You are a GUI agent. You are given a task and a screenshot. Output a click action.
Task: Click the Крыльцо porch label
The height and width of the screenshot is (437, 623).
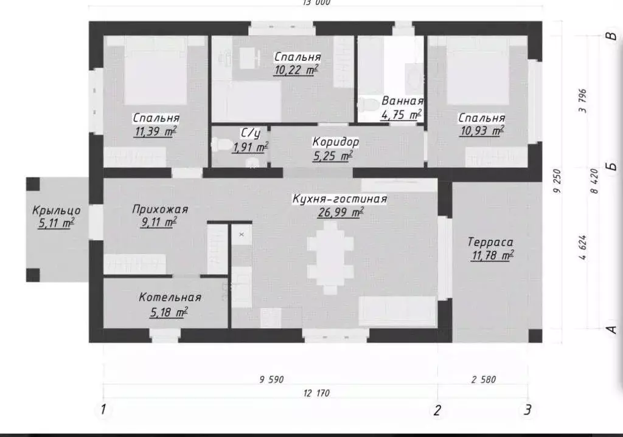pos(56,211)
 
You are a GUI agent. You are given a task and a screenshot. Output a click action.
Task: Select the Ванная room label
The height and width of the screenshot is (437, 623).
pos(402,101)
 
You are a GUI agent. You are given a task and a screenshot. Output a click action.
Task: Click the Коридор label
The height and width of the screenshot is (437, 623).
pos(335,142)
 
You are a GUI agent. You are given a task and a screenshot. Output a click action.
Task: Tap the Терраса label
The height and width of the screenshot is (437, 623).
pos(490,241)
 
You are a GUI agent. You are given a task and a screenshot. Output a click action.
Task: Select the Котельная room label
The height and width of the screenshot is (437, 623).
pos(170,298)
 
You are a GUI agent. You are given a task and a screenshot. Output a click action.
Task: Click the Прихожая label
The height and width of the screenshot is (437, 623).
pos(160,210)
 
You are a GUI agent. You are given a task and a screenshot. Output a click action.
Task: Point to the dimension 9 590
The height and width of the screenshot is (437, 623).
pos(271,380)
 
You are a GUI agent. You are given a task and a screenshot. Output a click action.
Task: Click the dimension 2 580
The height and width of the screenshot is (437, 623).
pos(484,380)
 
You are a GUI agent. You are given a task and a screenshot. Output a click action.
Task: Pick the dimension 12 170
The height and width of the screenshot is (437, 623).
pos(316,393)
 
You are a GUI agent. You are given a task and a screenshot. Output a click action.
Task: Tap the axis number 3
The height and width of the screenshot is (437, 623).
pos(529,408)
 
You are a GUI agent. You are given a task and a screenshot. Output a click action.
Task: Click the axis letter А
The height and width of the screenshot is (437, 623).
pos(612,329)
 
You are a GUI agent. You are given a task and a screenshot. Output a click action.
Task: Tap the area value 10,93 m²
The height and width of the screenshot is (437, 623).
pos(482,131)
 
